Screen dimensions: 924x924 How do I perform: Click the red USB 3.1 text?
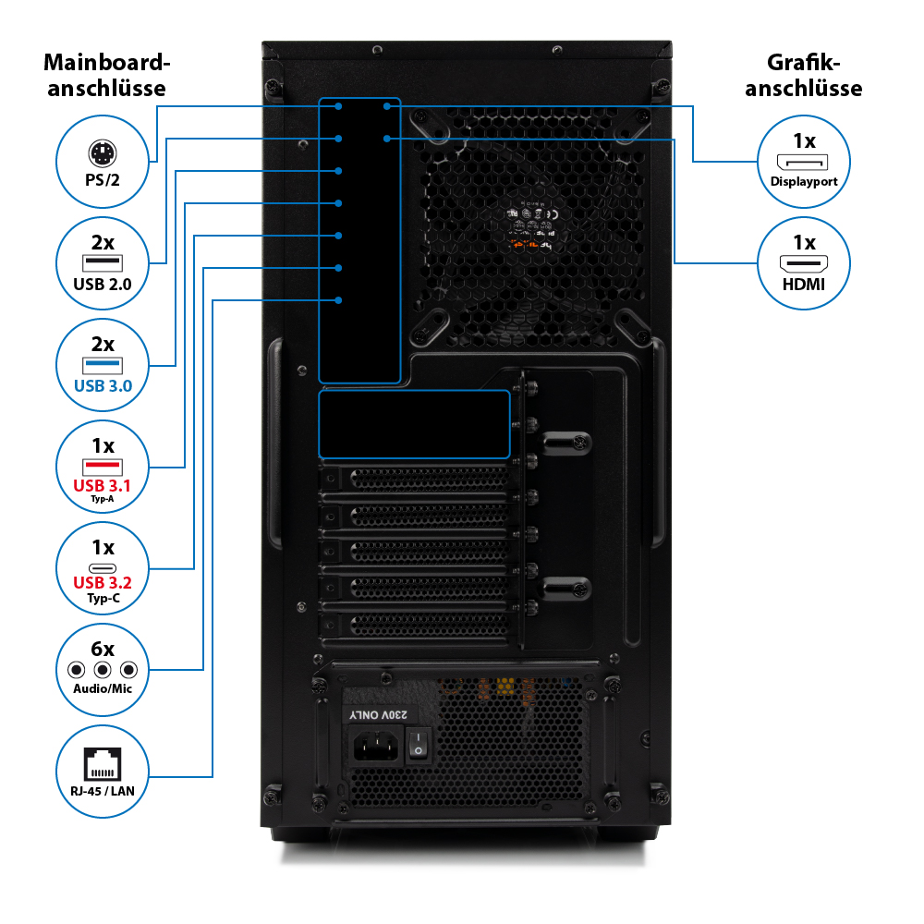tap(102, 484)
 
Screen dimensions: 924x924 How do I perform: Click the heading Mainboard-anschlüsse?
tap(107, 76)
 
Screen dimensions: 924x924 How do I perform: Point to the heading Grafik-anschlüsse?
tap(803, 76)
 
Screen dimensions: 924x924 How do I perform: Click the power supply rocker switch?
tap(419, 743)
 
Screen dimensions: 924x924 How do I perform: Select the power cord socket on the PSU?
tap(375, 744)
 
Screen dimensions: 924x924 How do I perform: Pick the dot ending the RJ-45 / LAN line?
tap(339, 300)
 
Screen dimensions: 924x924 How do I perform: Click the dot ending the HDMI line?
tap(387, 139)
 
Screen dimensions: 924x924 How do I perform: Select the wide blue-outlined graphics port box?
tap(414, 423)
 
